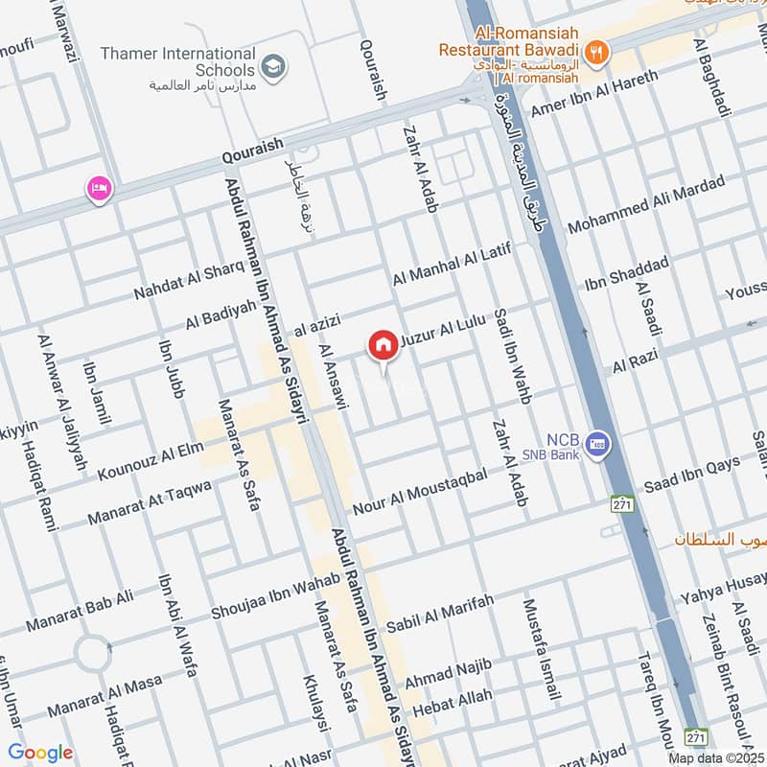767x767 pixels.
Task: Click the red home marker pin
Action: point(383,345)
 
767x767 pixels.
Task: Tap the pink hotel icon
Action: point(99,188)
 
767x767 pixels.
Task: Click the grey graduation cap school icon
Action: point(273,66)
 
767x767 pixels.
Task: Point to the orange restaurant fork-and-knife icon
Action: point(596,53)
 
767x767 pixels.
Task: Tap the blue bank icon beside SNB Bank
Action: point(599,443)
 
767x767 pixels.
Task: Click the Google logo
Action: point(40,754)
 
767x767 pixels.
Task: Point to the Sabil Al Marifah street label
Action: point(440,614)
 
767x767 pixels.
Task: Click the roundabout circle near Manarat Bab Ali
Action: point(94,655)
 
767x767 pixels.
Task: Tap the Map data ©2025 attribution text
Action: point(715,757)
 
